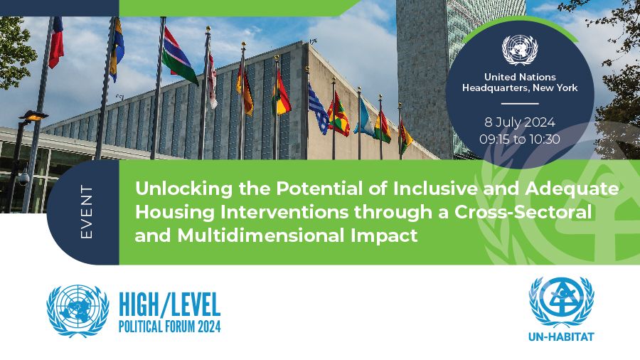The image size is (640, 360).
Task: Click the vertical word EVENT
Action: tap(87, 212)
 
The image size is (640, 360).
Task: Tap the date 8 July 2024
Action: tap(520, 122)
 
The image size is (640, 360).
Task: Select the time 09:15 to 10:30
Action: tap(520, 139)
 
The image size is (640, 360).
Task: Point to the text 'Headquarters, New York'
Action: tap(520, 88)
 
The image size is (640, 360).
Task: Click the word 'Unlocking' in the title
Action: tap(184, 189)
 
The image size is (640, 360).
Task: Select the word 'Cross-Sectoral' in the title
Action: tap(523, 212)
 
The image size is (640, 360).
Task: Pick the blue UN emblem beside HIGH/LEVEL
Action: tap(78, 311)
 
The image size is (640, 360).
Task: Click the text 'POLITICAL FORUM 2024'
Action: tap(169, 327)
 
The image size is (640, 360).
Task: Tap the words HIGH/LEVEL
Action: tap(169, 305)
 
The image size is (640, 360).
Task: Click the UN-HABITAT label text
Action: tap(561, 337)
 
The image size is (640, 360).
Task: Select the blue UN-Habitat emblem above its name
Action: tap(561, 302)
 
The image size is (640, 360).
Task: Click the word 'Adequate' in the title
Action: tap(572, 189)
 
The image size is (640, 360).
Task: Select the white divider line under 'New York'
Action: tap(520, 104)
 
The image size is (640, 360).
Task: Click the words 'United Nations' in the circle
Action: tap(520, 77)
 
